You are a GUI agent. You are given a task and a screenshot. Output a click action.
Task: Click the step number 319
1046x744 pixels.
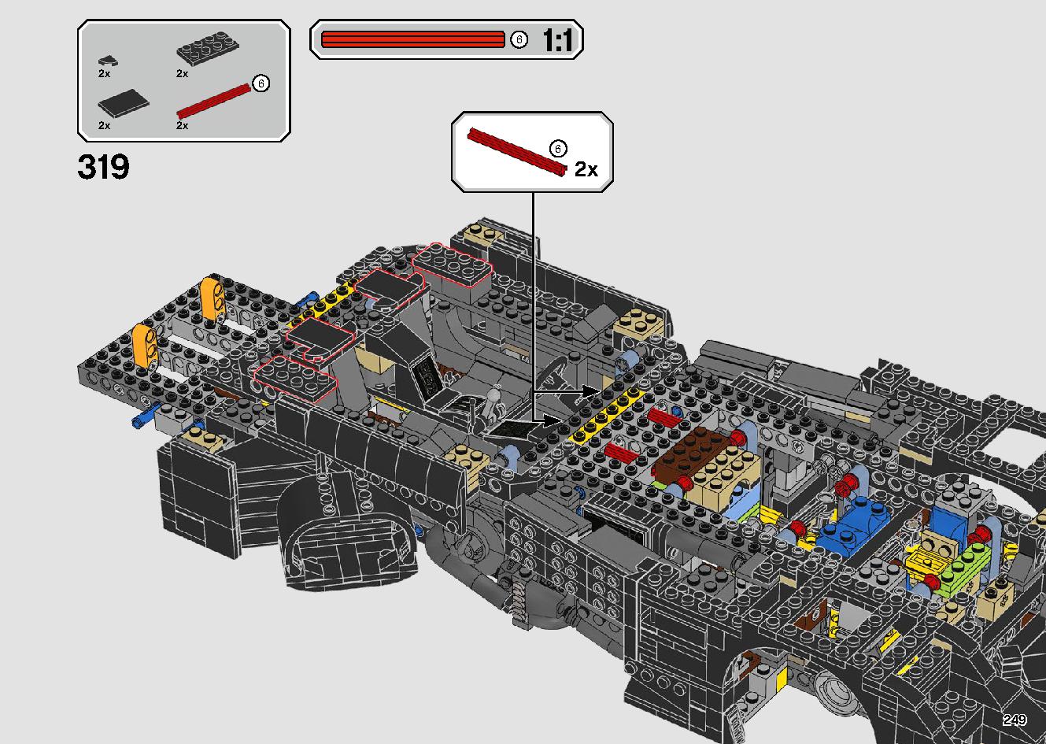coord(103,167)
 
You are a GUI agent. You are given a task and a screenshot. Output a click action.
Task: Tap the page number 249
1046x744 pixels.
coord(1015,720)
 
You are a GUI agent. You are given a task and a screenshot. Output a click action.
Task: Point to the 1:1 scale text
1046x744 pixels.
coord(557,40)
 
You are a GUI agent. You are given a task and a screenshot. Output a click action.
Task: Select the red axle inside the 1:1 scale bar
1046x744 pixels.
coord(413,39)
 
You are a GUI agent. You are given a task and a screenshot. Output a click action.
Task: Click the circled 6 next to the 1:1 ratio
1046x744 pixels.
coord(519,39)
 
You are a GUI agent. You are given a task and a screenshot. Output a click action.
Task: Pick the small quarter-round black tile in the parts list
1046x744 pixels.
coord(108,61)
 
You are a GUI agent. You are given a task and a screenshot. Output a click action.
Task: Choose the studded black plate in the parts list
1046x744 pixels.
coord(207,47)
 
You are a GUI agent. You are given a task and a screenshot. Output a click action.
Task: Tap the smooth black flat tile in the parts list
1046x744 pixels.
coord(124,102)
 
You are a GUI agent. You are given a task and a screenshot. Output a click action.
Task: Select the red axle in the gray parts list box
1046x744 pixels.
coord(214,101)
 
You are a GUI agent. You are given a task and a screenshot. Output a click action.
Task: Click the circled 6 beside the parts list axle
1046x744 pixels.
coord(261,83)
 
